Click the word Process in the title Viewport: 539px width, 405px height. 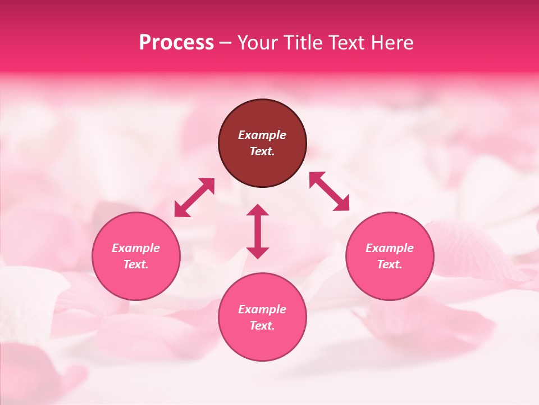176,43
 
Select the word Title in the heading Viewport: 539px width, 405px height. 303,43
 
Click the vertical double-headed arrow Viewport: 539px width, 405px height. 258,231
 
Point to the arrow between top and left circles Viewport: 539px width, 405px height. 194,197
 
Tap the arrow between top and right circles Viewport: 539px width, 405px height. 330,191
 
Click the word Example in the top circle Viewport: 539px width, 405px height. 262,135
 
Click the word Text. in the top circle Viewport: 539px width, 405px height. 262,151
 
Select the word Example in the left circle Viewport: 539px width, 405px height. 136,248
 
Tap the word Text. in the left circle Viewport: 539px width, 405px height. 136,264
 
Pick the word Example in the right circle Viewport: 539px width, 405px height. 390,248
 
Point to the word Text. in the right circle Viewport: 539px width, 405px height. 390,264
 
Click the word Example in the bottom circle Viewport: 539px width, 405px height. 262,309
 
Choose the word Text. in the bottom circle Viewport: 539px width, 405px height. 262,326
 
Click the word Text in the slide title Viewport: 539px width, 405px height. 349,43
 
